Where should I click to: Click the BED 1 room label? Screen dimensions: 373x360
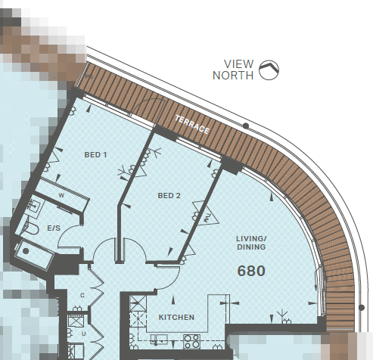pos(95,154)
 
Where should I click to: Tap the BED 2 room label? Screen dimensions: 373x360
pos(169,195)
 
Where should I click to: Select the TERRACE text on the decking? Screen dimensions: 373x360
pos(192,125)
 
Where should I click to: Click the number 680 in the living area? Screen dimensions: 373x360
pos(251,271)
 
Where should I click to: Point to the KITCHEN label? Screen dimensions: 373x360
pos(176,317)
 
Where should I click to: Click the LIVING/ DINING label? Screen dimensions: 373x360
pos(251,243)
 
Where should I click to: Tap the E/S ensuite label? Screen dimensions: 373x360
pos(54,228)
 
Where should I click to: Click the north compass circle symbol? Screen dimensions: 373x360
pos(269,70)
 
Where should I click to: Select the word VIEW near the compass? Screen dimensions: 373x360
pos(238,64)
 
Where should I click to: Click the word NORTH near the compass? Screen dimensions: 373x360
pos(233,76)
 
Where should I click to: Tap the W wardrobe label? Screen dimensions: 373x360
pos(61,195)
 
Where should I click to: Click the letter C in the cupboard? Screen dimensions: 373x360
pos(82,295)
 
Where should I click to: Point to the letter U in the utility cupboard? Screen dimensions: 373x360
pos(83,334)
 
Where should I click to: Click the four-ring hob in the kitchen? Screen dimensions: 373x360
pos(192,341)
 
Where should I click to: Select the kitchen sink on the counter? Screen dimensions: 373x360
pos(159,340)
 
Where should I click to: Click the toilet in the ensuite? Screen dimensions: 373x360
pos(31,228)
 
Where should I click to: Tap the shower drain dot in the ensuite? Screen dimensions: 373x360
pos(26,251)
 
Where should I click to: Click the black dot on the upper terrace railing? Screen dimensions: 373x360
pos(246,126)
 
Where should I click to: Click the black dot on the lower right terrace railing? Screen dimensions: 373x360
pos(362,307)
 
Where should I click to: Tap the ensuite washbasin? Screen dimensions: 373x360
pos(34,206)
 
